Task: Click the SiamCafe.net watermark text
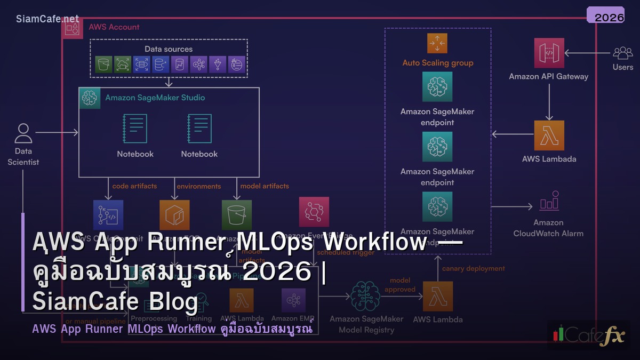[x=47, y=19]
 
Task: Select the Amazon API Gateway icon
[x=549, y=53]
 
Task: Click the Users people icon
[x=622, y=53]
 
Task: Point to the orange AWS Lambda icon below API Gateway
[x=549, y=135]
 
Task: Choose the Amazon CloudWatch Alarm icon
[x=549, y=202]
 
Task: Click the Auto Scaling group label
[x=437, y=63]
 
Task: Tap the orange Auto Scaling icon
[x=437, y=43]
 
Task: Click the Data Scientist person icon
[x=23, y=133]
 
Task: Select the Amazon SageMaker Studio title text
[x=155, y=98]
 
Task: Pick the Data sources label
[x=169, y=49]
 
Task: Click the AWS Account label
[x=114, y=27]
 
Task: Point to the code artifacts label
[x=135, y=186]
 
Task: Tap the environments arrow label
[x=198, y=186]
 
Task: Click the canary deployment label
[x=473, y=268]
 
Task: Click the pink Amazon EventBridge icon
[x=314, y=212]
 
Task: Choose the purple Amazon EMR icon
[x=293, y=300]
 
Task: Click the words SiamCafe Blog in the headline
[x=115, y=301]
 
